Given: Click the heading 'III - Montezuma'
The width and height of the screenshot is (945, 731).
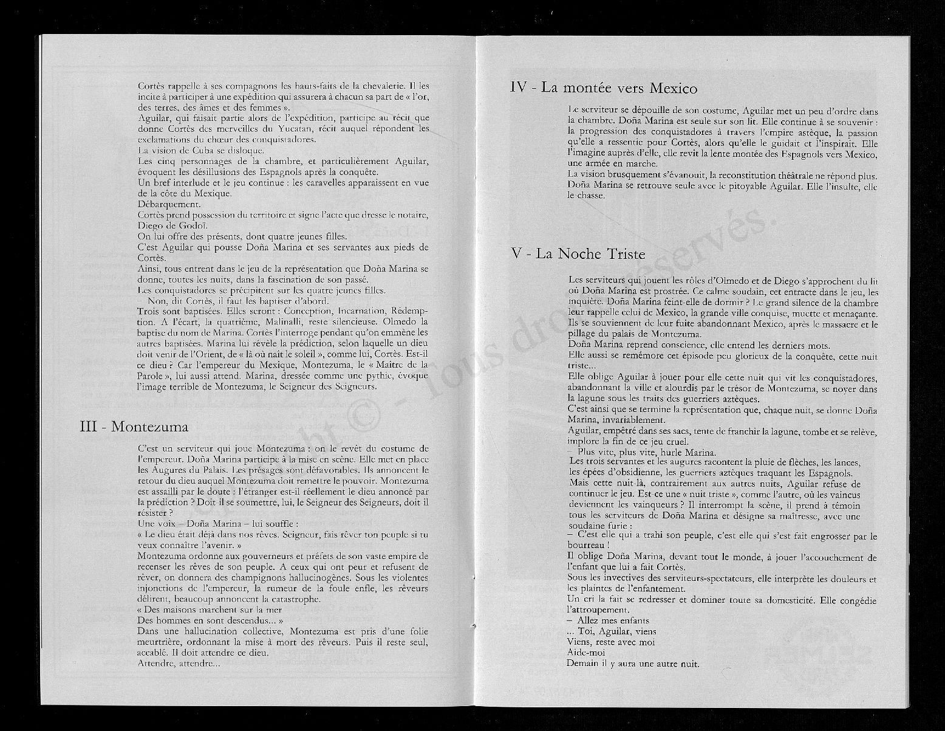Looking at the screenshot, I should (x=134, y=426).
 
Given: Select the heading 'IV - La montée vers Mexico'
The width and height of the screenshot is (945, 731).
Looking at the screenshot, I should (x=604, y=88).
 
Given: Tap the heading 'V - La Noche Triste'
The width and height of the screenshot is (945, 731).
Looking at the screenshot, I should (x=578, y=254).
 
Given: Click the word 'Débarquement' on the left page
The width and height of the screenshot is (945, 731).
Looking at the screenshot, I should (x=169, y=204).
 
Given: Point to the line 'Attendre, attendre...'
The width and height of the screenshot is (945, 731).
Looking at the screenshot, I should (x=179, y=664).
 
